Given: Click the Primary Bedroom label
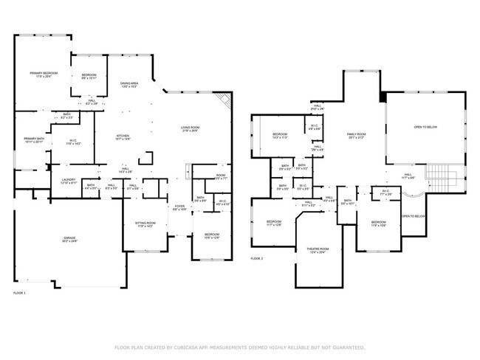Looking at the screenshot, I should (x=44, y=75).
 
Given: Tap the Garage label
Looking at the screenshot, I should (x=69, y=239).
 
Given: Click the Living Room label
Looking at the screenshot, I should (x=191, y=129).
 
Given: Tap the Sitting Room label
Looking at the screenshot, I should (x=144, y=224).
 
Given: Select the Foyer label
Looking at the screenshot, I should (x=179, y=207).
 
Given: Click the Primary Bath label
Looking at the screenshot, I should (x=33, y=140).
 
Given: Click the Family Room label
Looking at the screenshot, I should (x=357, y=136).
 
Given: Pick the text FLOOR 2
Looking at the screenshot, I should (x=257, y=259).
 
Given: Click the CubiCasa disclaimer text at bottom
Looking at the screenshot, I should (x=240, y=347).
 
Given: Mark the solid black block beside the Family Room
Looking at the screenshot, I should (x=383, y=97).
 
